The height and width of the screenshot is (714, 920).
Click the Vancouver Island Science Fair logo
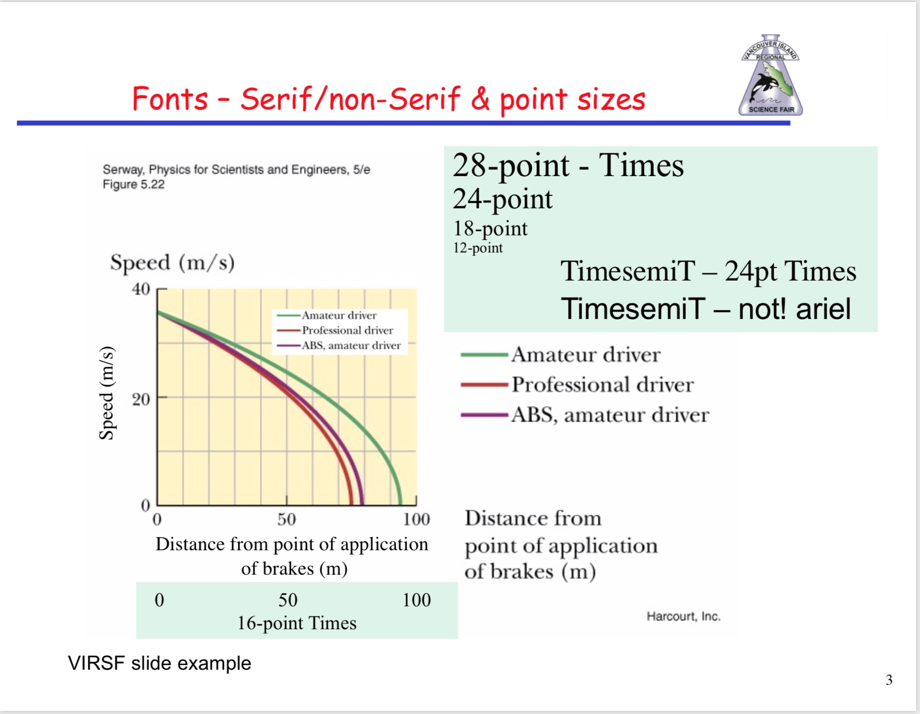point(770,75)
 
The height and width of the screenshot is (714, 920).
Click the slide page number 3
point(889,680)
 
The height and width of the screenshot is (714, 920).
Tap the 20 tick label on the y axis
point(141,399)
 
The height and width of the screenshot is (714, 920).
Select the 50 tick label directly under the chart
point(286,519)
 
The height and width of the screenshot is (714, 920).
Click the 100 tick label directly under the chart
point(416,519)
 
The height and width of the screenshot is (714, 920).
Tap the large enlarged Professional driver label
point(603,385)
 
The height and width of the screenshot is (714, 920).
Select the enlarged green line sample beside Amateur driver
point(484,355)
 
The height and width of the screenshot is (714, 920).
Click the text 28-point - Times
point(568,166)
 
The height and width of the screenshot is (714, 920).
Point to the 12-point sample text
point(478,248)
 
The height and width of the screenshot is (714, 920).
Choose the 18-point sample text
point(490,229)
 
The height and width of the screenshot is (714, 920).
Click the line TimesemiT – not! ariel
point(706,309)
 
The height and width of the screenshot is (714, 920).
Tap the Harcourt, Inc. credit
point(683,616)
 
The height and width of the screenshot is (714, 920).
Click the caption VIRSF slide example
point(159,664)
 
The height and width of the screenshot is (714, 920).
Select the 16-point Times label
point(296,623)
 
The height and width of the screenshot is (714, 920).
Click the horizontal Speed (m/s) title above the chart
point(172,263)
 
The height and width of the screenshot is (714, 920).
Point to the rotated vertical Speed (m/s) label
point(106,393)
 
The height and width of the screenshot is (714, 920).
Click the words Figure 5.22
point(133,184)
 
